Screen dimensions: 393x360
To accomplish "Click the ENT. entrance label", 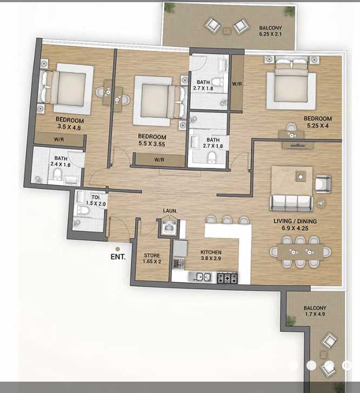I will pyautogui.click(x=118, y=257).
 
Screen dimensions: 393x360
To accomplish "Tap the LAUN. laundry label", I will pyautogui.click(x=170, y=211).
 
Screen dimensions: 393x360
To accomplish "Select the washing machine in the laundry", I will pyautogui.click(x=169, y=228).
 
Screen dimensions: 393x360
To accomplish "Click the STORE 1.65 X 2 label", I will pyautogui.click(x=152, y=258).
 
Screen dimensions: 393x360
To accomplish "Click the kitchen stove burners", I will pyautogui.click(x=228, y=278).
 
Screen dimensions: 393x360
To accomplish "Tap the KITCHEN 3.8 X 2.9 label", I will pyautogui.click(x=211, y=255).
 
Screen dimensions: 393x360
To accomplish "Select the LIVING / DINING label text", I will pyautogui.click(x=295, y=221).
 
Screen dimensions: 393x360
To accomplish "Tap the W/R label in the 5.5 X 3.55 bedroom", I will pyautogui.click(x=159, y=160).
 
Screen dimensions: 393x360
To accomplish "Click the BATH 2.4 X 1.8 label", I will pyautogui.click(x=61, y=161).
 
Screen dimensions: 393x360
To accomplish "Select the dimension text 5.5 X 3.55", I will pyautogui.click(x=152, y=144).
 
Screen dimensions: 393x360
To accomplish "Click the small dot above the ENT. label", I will pyautogui.click(x=117, y=249).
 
